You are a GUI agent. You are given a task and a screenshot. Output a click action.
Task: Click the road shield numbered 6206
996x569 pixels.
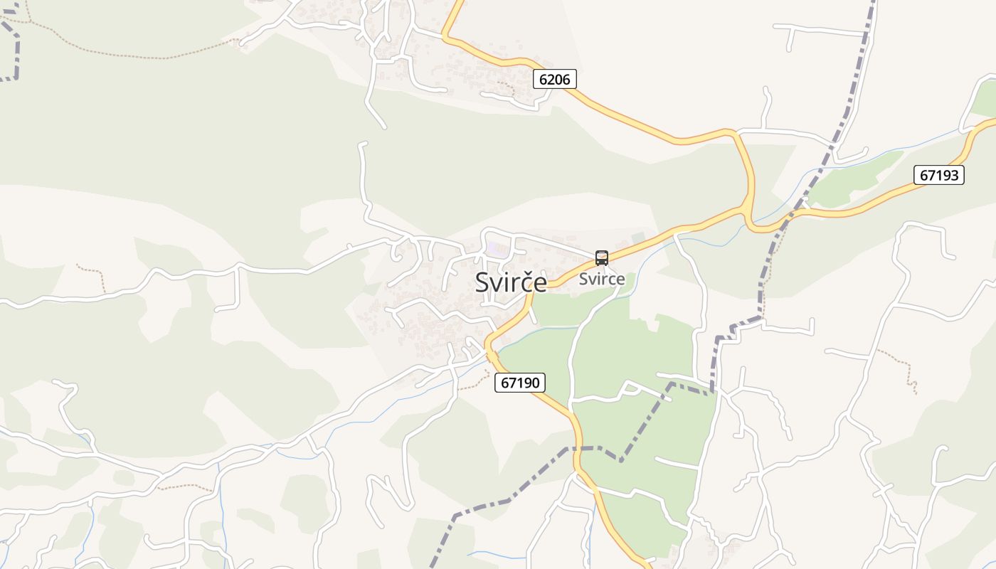[x=554, y=79]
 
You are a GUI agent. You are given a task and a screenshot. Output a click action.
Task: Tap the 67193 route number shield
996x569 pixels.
[x=938, y=175]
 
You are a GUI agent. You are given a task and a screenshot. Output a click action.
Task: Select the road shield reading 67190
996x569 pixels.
[x=520, y=383]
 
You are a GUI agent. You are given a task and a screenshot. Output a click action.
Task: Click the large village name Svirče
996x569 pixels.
[x=511, y=282]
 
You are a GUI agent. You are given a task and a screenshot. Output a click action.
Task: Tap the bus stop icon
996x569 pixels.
[x=602, y=258]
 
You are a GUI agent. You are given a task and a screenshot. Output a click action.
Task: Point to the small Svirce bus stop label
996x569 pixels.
[x=602, y=279]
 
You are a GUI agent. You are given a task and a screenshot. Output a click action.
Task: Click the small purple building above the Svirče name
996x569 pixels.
[x=497, y=249]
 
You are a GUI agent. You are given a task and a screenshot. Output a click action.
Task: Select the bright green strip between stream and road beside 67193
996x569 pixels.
[x=854, y=178]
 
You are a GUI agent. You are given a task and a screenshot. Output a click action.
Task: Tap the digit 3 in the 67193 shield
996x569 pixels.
[x=955, y=175]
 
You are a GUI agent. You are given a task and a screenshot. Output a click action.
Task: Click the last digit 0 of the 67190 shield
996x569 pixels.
[x=537, y=383]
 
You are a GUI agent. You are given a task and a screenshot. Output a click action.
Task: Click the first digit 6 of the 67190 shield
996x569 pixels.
[x=504, y=383]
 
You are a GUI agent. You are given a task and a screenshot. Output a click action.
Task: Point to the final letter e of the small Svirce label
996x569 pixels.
[x=620, y=279]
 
